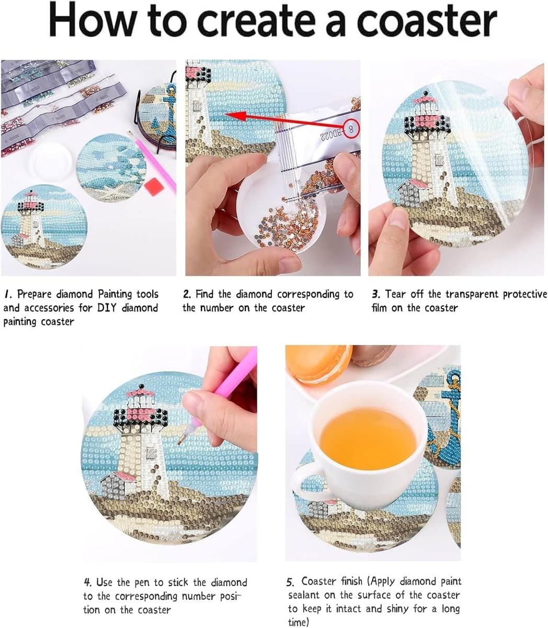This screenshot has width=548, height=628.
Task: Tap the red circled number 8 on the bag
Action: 351,128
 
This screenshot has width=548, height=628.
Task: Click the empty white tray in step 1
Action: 51,162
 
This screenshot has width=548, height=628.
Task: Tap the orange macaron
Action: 319,364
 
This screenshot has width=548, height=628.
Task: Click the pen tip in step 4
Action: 180,442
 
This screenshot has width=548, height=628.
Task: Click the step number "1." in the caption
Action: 8,294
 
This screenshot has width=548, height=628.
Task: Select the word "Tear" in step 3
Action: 395,294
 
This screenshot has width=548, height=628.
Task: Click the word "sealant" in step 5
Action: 304,595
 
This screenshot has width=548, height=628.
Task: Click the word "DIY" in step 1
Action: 107,308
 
